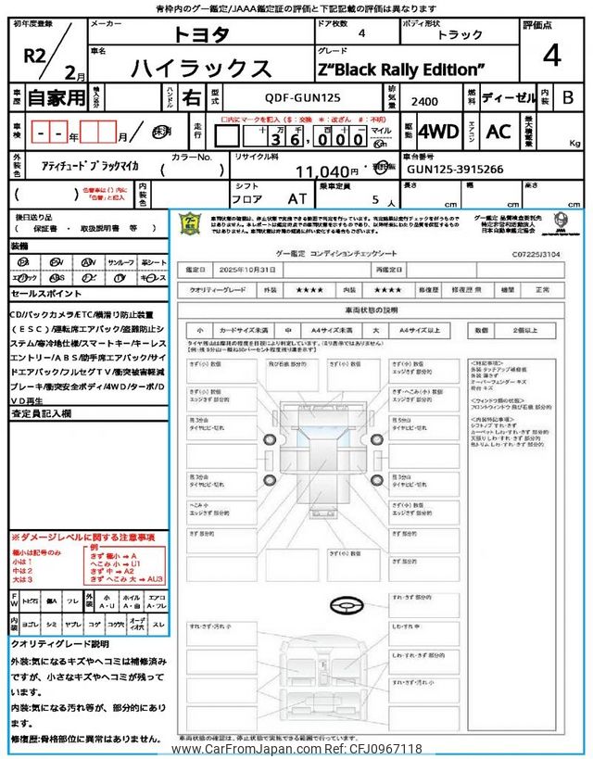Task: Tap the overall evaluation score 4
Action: (551, 56)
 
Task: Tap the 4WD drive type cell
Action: (438, 132)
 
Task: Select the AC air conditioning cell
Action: (498, 132)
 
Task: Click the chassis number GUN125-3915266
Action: (454, 171)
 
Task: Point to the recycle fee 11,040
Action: (326, 171)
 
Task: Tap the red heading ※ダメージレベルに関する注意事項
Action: (82, 538)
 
